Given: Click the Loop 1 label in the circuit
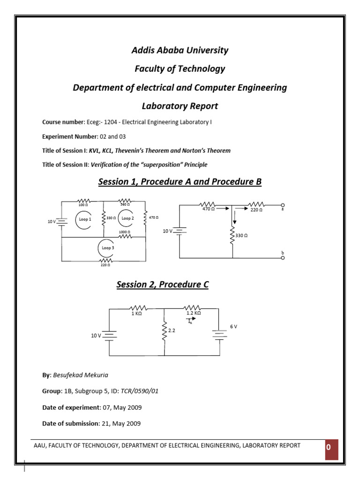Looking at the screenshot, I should pos(84,218).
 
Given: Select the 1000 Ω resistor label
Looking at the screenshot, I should pos(125,232).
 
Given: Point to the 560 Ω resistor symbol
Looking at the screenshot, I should pos(125,200).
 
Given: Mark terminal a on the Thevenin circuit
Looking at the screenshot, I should pos(283,205).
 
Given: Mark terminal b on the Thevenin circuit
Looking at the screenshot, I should pos(283,257).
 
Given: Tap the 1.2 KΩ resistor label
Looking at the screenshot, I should pos(193,313).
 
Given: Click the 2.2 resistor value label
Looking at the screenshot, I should pos(171,330).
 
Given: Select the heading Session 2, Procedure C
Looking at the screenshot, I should pos(162,284).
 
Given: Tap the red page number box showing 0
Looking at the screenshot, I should pos(329,447).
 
